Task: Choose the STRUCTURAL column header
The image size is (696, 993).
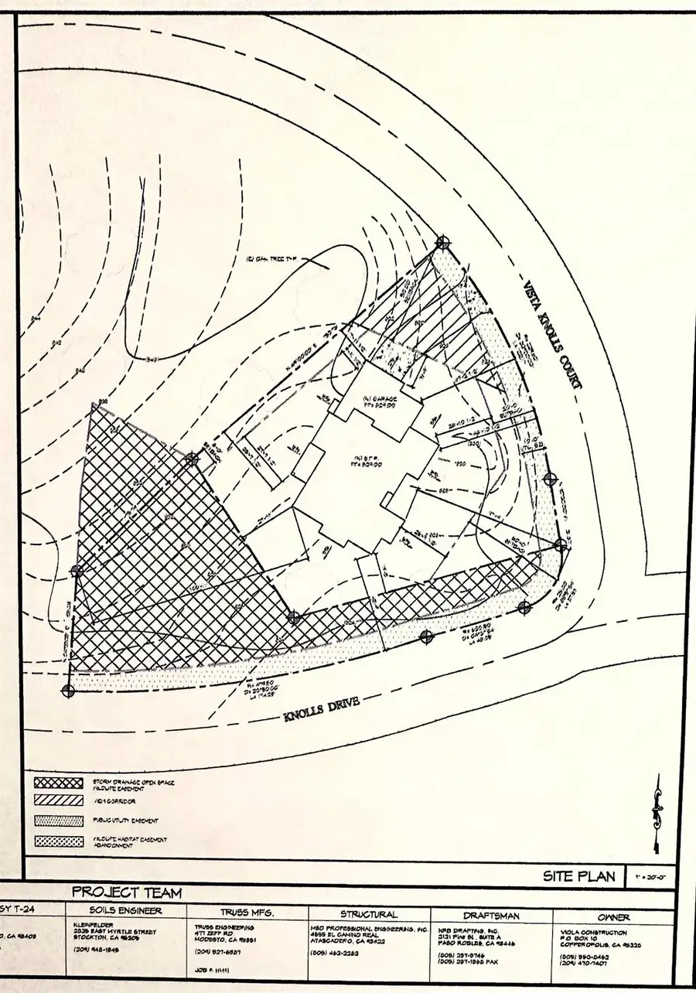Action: tap(370, 914)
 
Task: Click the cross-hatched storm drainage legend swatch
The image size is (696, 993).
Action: tap(58, 783)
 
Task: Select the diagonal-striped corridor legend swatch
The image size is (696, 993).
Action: tap(58, 801)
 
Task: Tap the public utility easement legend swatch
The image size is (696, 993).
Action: tap(58, 820)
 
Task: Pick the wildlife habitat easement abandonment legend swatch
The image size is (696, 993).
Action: tap(58, 841)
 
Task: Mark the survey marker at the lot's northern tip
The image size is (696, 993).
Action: tap(442, 242)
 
